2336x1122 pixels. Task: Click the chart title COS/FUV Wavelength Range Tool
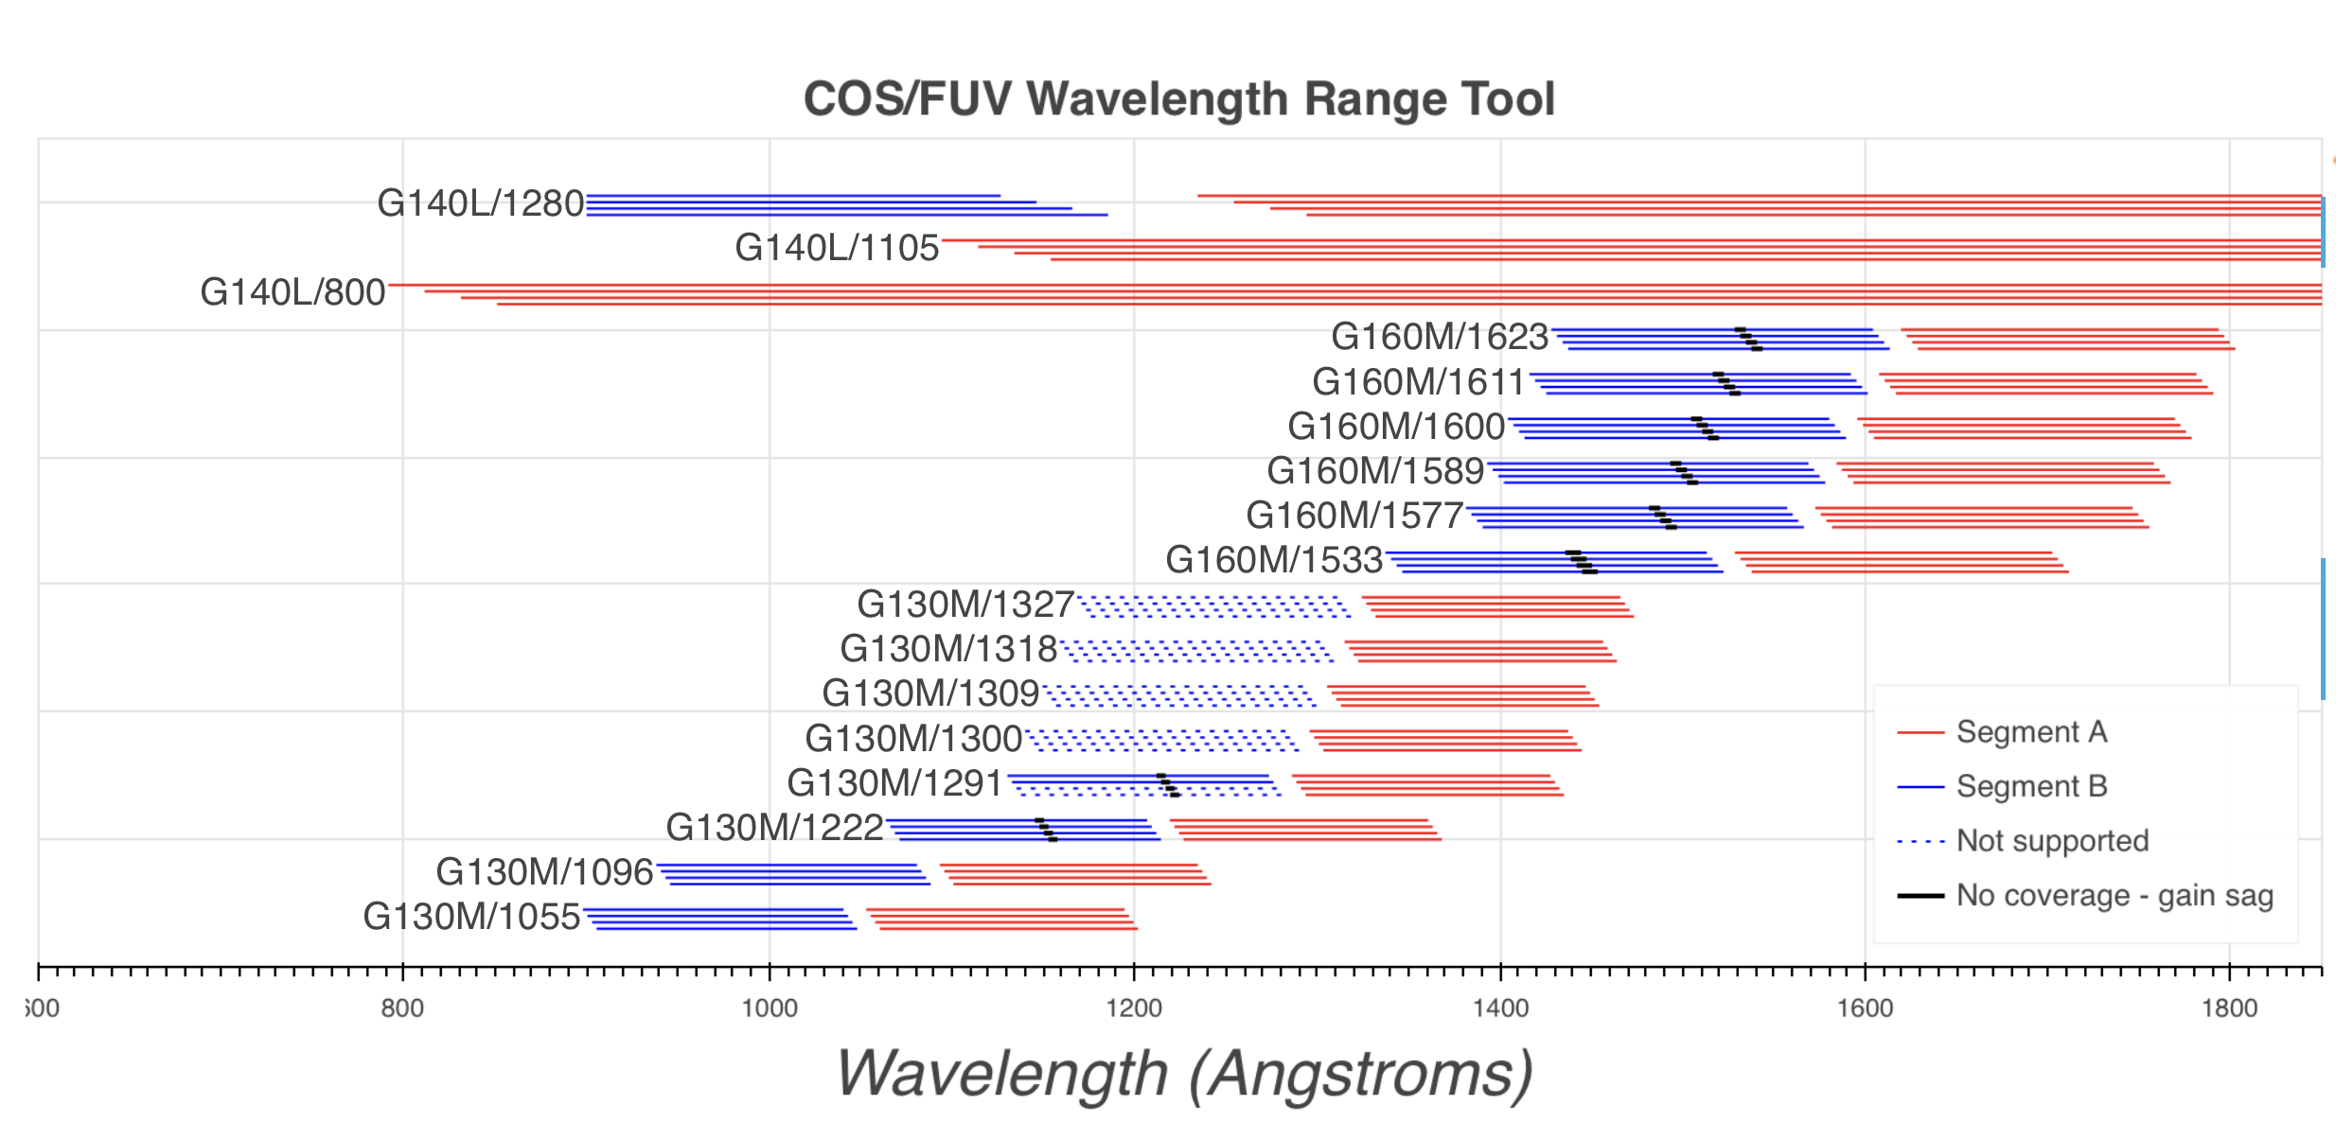click(1178, 99)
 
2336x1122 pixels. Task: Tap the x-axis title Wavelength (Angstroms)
click(1184, 1074)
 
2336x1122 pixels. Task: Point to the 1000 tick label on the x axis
click(769, 1008)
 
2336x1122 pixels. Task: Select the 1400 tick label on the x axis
click(1500, 1008)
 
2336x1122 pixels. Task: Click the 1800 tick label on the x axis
click(2229, 1008)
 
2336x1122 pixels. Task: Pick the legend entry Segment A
click(2031, 732)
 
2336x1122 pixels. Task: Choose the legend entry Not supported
click(2052, 841)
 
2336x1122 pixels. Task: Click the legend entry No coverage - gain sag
click(2115, 895)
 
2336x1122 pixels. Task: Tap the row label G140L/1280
click(480, 203)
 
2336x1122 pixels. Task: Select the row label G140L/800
click(292, 292)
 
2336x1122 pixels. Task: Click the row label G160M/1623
click(1439, 337)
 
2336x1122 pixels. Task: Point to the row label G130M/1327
click(964, 605)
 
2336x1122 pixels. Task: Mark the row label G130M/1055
click(470, 917)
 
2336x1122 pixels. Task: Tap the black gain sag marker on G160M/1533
click(1582, 562)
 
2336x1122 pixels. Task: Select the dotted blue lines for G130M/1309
click(1178, 696)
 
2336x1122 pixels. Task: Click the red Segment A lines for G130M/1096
click(1075, 874)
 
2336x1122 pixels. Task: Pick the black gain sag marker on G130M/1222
click(1046, 830)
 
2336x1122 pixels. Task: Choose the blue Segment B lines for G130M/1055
click(720, 919)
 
